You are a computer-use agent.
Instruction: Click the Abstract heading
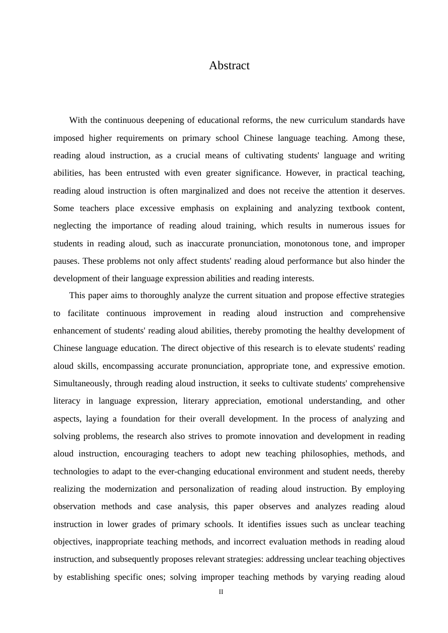point(229,66)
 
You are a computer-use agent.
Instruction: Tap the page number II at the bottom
point(221,592)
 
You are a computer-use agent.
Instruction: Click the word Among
point(365,138)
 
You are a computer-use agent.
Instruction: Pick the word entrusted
point(143,173)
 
